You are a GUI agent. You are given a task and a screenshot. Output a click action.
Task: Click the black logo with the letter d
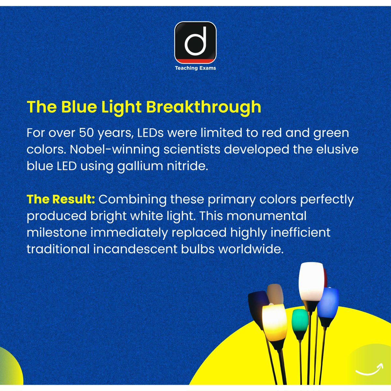pyautogui.click(x=195, y=42)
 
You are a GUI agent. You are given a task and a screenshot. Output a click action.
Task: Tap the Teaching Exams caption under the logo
pyautogui.click(x=195, y=68)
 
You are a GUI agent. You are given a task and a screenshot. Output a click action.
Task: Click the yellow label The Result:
pyautogui.click(x=61, y=199)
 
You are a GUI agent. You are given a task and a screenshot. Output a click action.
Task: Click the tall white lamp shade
pyautogui.click(x=311, y=282)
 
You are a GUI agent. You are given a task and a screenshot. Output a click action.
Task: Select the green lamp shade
pyautogui.click(x=300, y=320)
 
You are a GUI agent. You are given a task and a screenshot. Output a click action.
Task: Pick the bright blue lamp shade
pyautogui.click(x=328, y=303)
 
